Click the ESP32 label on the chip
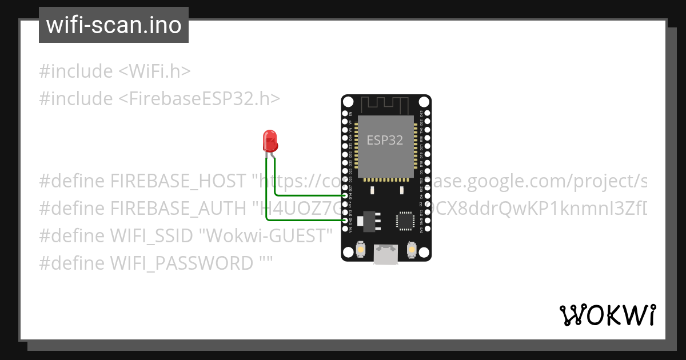(385, 141)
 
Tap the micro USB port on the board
(386, 254)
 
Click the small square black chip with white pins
(405, 220)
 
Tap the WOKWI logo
(607, 315)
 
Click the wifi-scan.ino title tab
(114, 25)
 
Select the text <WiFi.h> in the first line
(154, 71)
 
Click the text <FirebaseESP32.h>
(199, 99)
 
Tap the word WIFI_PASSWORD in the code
(182, 263)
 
